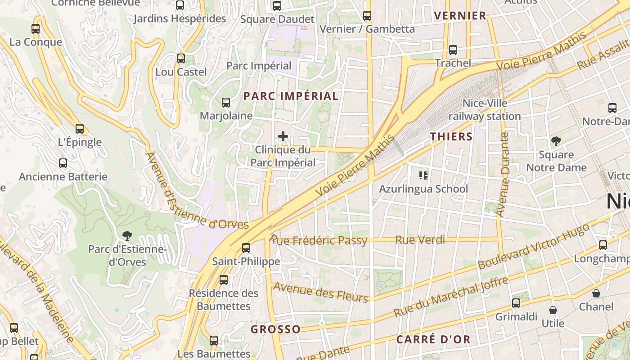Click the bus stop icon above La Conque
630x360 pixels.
coord(36,29)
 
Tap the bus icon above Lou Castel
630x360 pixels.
coord(180,58)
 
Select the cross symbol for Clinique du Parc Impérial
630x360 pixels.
coord(283,136)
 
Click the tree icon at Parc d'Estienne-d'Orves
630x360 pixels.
coord(127,235)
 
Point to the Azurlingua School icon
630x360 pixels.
coord(423,175)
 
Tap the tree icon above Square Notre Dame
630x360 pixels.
coord(556,141)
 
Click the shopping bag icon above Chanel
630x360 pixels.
coord(596,293)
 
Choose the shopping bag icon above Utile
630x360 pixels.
coord(553,310)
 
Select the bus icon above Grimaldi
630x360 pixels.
coord(516,303)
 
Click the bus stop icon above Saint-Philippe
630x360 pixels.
coord(246,247)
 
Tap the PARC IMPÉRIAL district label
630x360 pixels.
coord(291,96)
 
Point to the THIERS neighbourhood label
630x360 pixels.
coord(451,137)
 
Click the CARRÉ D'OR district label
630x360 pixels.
coord(433,339)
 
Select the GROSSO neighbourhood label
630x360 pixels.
coord(275,329)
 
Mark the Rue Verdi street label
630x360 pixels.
coord(420,240)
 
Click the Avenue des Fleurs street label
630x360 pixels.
coord(320,292)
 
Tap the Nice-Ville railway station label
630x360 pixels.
coord(485,110)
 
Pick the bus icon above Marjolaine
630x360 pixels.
coord(226,103)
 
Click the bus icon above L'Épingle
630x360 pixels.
coord(80,129)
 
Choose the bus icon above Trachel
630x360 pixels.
coord(453,50)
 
